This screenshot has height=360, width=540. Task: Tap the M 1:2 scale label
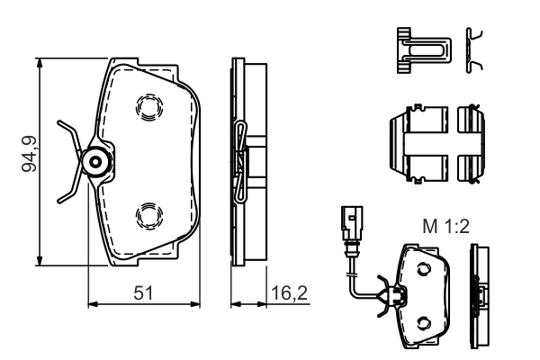(445, 228)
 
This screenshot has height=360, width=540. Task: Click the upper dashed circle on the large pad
(146, 107)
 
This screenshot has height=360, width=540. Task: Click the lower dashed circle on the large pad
(146, 215)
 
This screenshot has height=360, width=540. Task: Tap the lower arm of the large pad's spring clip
(67, 191)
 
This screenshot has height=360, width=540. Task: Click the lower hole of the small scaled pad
(425, 320)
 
